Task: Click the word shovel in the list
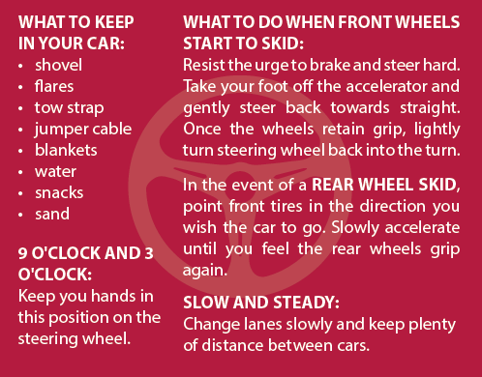tap(58, 65)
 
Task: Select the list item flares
tap(54, 86)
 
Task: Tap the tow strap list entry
tap(69, 108)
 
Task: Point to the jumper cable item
tap(83, 130)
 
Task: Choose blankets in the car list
tap(66, 150)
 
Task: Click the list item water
tap(55, 172)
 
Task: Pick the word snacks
tap(59, 192)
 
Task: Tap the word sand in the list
tap(52, 214)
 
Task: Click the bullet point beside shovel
tap(20, 66)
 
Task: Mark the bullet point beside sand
tap(20, 215)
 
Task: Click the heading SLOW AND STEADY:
tap(261, 303)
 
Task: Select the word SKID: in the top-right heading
tap(283, 43)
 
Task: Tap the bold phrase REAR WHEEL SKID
tap(384, 185)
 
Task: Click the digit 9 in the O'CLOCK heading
tap(23, 253)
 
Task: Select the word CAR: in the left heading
tap(105, 43)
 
